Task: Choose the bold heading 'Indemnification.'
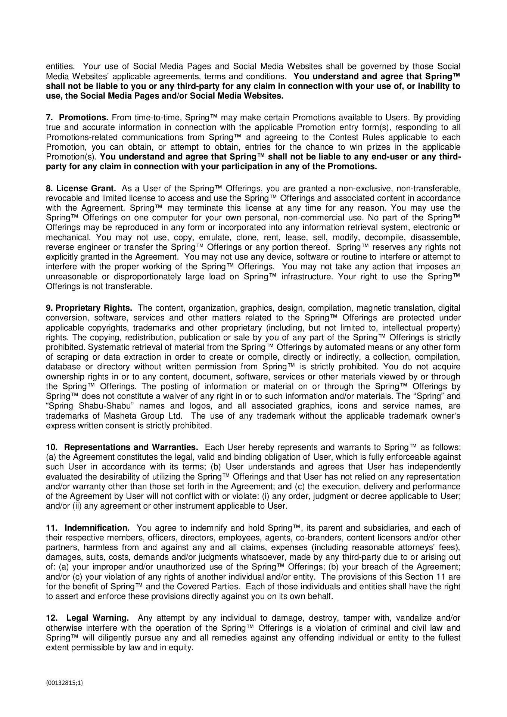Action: (97, 528)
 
